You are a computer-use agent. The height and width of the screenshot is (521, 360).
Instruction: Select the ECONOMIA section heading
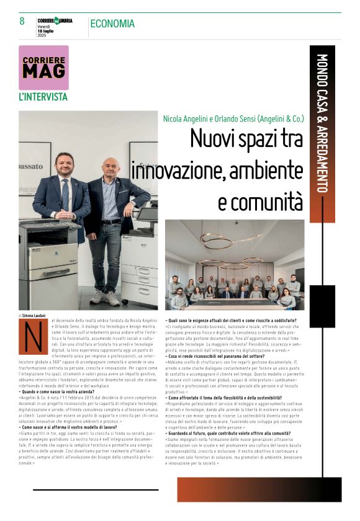112,24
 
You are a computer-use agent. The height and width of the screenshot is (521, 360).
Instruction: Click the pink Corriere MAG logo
43,67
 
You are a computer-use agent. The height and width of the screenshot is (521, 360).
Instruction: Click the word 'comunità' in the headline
261,201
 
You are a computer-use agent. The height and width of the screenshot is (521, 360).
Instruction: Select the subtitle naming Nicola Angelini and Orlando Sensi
233,118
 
